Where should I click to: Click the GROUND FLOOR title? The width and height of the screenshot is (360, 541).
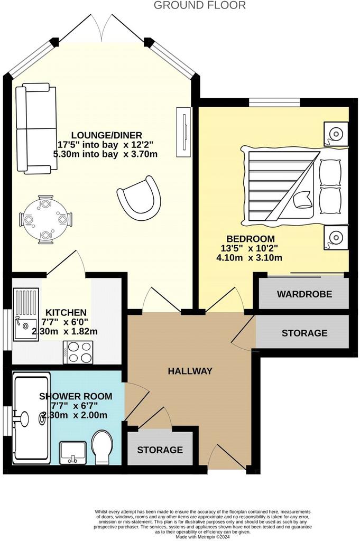click(200, 5)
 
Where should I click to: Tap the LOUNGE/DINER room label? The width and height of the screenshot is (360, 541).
click(107, 135)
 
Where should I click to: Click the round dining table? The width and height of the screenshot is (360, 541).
click(46, 219)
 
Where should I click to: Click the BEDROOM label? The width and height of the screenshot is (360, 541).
click(251, 239)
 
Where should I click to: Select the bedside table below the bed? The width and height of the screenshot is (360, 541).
click(336, 237)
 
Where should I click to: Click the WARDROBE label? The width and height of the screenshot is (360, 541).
click(304, 294)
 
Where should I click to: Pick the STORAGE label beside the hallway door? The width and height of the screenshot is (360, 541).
click(304, 333)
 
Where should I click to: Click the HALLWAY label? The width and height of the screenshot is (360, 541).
click(190, 371)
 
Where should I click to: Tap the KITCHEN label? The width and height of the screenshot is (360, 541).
click(66, 313)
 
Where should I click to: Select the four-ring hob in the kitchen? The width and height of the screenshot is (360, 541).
click(78, 352)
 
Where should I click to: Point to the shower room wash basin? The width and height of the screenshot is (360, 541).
click(73, 453)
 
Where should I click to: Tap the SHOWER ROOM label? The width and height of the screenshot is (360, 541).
click(76, 396)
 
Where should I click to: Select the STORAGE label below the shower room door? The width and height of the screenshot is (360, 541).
click(160, 450)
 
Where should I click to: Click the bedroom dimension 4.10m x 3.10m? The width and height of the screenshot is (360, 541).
click(249, 257)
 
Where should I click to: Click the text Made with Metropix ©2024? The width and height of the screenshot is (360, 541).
click(202, 537)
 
